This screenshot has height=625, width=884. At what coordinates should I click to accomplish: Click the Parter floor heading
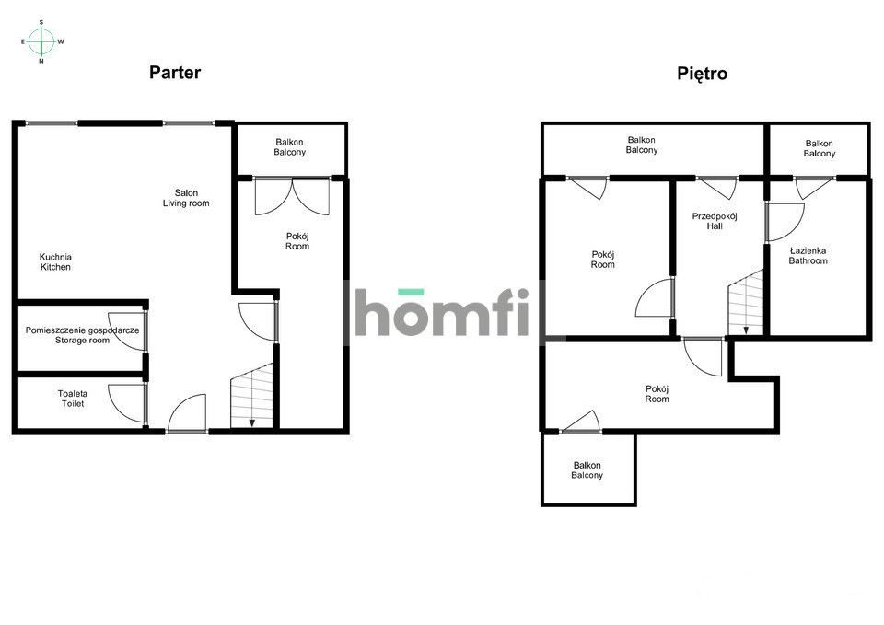click(x=175, y=72)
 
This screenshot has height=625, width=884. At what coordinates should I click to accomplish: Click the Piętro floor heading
click(x=702, y=74)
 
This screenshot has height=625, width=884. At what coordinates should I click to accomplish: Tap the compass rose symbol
click(x=41, y=41)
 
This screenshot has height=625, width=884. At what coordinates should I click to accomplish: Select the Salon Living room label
click(x=186, y=198)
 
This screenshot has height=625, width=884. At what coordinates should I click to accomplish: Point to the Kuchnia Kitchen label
click(x=55, y=262)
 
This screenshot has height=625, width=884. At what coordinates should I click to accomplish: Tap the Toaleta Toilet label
click(x=73, y=399)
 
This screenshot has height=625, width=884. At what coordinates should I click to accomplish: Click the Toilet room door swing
click(x=127, y=403)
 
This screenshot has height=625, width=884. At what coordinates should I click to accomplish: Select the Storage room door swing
click(x=127, y=330)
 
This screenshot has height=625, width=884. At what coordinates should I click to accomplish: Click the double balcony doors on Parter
click(x=292, y=196)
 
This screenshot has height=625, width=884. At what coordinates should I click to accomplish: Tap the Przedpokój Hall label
click(x=715, y=221)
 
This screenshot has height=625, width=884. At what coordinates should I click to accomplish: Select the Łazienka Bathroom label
click(x=808, y=256)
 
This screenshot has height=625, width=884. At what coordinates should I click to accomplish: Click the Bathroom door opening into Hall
click(x=784, y=222)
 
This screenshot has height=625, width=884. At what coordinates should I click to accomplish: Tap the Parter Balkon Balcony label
click(x=290, y=147)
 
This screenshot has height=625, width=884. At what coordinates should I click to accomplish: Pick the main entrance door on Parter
click(x=187, y=413)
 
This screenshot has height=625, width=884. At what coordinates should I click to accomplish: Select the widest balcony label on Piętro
click(x=642, y=145)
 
